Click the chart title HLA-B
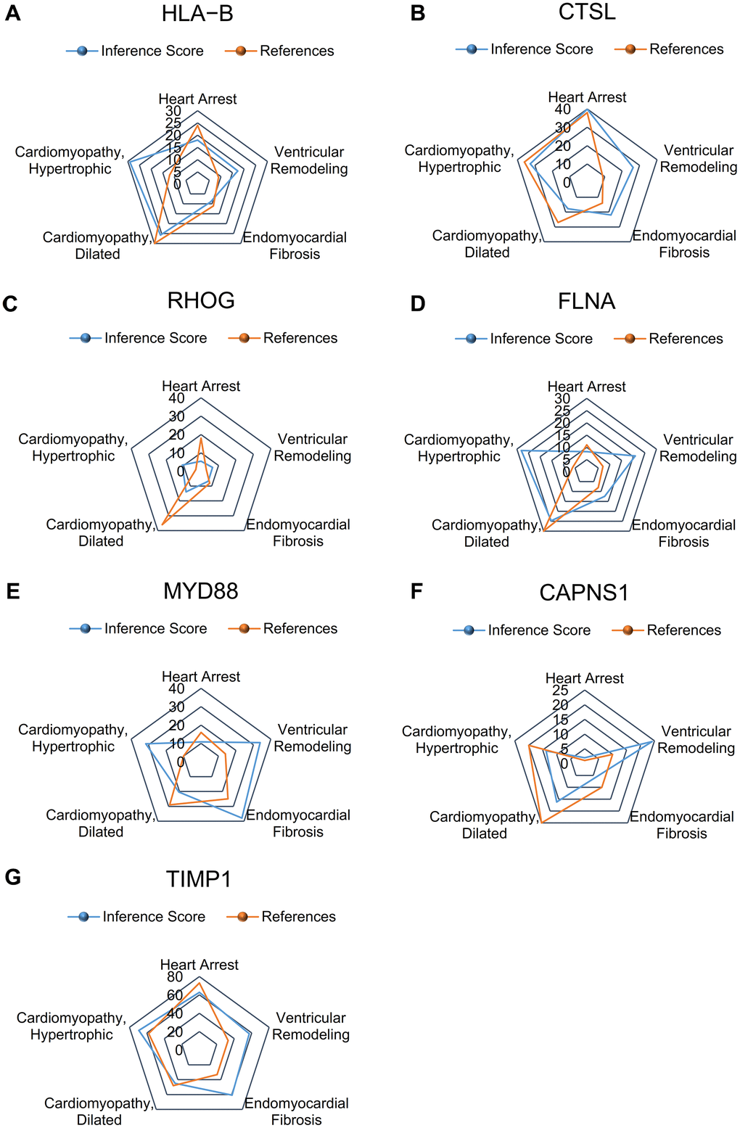click(x=197, y=14)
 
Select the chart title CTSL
click(x=587, y=12)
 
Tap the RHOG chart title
click(x=201, y=300)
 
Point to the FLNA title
click(x=586, y=301)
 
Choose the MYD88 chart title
click(x=201, y=591)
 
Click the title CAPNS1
click(x=584, y=593)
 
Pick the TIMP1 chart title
click(x=199, y=879)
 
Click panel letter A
click(x=12, y=14)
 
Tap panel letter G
click(x=12, y=878)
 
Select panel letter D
click(x=418, y=303)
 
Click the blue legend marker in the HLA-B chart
click(x=82, y=52)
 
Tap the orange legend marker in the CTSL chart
click(x=630, y=49)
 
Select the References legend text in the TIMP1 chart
click(x=298, y=917)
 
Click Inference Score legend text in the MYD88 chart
click(x=155, y=629)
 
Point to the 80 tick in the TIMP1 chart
click(x=175, y=977)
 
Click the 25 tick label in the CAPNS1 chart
click(x=560, y=691)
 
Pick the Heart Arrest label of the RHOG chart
click(x=201, y=387)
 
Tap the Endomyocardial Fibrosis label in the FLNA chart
click(x=683, y=533)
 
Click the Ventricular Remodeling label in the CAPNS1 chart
click(x=696, y=740)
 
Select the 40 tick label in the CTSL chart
click(x=562, y=110)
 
